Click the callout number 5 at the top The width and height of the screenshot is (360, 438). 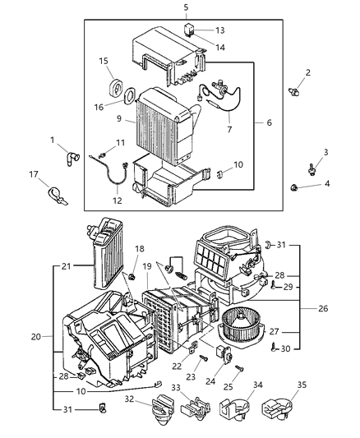click(x=185, y=7)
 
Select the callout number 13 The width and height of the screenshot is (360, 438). click(x=219, y=30)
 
